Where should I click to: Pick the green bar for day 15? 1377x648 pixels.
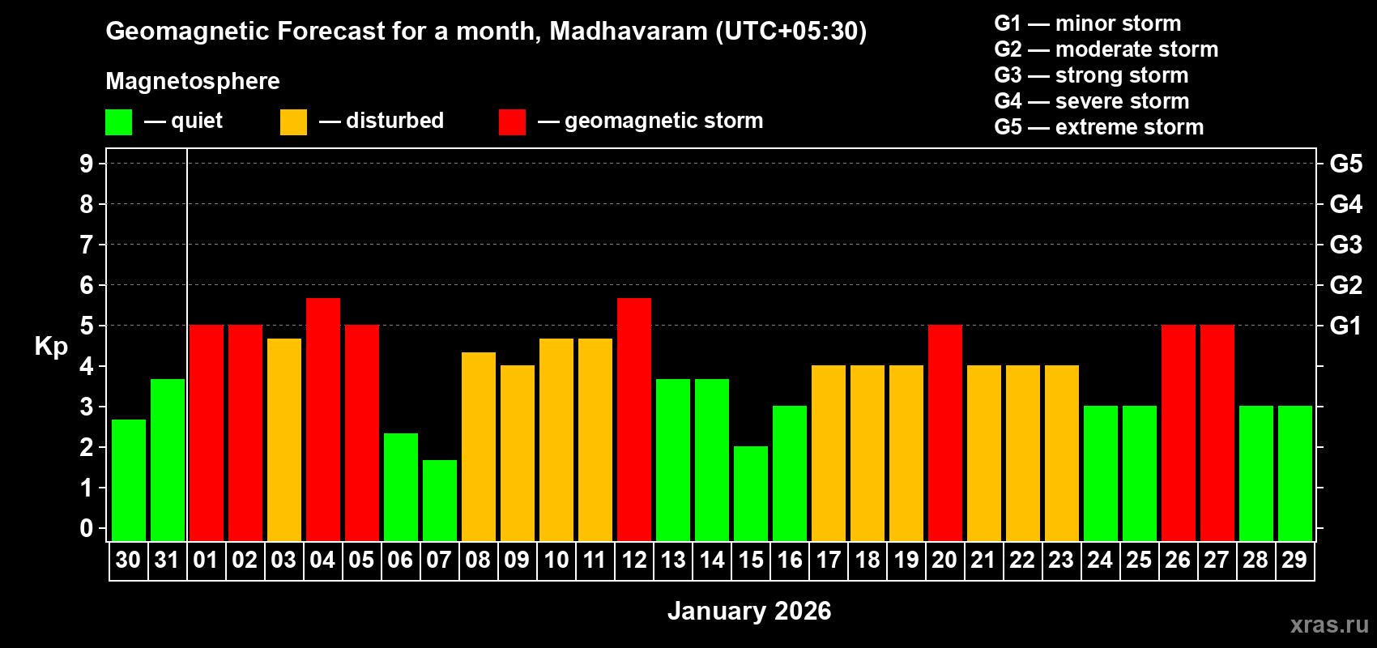(x=750, y=493)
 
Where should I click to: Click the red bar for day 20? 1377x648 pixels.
(x=944, y=433)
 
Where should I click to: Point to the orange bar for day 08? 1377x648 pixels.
(x=478, y=446)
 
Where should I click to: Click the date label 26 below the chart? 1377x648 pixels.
(x=1177, y=560)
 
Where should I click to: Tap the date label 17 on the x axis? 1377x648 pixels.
(x=828, y=560)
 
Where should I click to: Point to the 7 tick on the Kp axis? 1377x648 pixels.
(x=87, y=245)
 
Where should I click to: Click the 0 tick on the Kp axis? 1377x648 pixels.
(x=87, y=528)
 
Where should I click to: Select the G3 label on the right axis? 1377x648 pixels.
(x=1345, y=245)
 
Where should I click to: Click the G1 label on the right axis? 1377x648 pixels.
(x=1345, y=326)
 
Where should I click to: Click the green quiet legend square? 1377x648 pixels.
(x=118, y=122)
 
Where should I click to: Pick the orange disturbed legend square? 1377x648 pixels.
(x=293, y=122)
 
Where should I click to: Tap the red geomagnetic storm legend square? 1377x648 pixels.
(x=512, y=122)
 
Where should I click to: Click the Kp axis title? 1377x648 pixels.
(x=51, y=346)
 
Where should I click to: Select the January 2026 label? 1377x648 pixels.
(x=748, y=611)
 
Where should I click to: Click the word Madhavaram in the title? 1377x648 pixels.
(x=629, y=32)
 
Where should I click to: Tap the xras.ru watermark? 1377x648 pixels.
(x=1328, y=624)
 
